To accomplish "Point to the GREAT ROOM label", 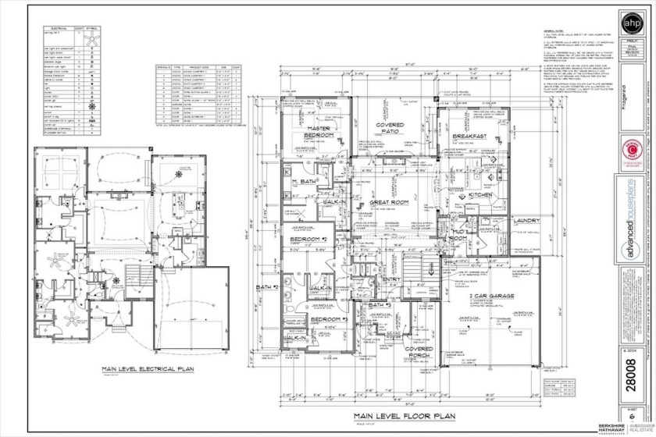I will pos(391,202).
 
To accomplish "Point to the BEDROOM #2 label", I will pos(308,239).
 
